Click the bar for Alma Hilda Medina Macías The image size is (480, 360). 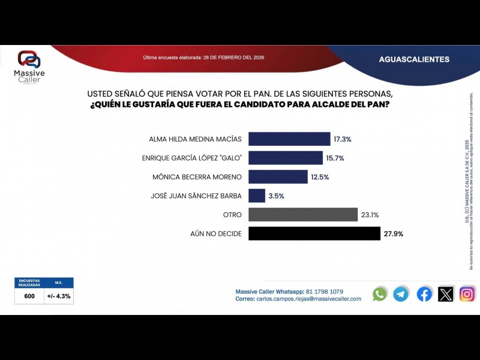[289, 139]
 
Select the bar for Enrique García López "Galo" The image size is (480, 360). [285, 158]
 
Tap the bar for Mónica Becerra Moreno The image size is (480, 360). [277, 177]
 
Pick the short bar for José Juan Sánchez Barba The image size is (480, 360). [256, 196]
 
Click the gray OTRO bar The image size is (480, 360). [302, 215]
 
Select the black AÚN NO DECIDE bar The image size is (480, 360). [314, 233]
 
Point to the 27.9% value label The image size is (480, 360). [393, 233]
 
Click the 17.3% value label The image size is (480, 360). [342, 139]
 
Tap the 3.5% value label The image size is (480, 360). [276, 196]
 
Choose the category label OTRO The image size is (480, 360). [232, 215]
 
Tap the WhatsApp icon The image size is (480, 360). [380, 294]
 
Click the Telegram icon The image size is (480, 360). [401, 294]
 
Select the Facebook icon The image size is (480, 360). [424, 294]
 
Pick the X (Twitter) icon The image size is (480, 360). [446, 294]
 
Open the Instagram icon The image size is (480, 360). [467, 294]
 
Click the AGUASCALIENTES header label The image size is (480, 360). [414, 59]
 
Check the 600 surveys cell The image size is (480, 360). [29, 296]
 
